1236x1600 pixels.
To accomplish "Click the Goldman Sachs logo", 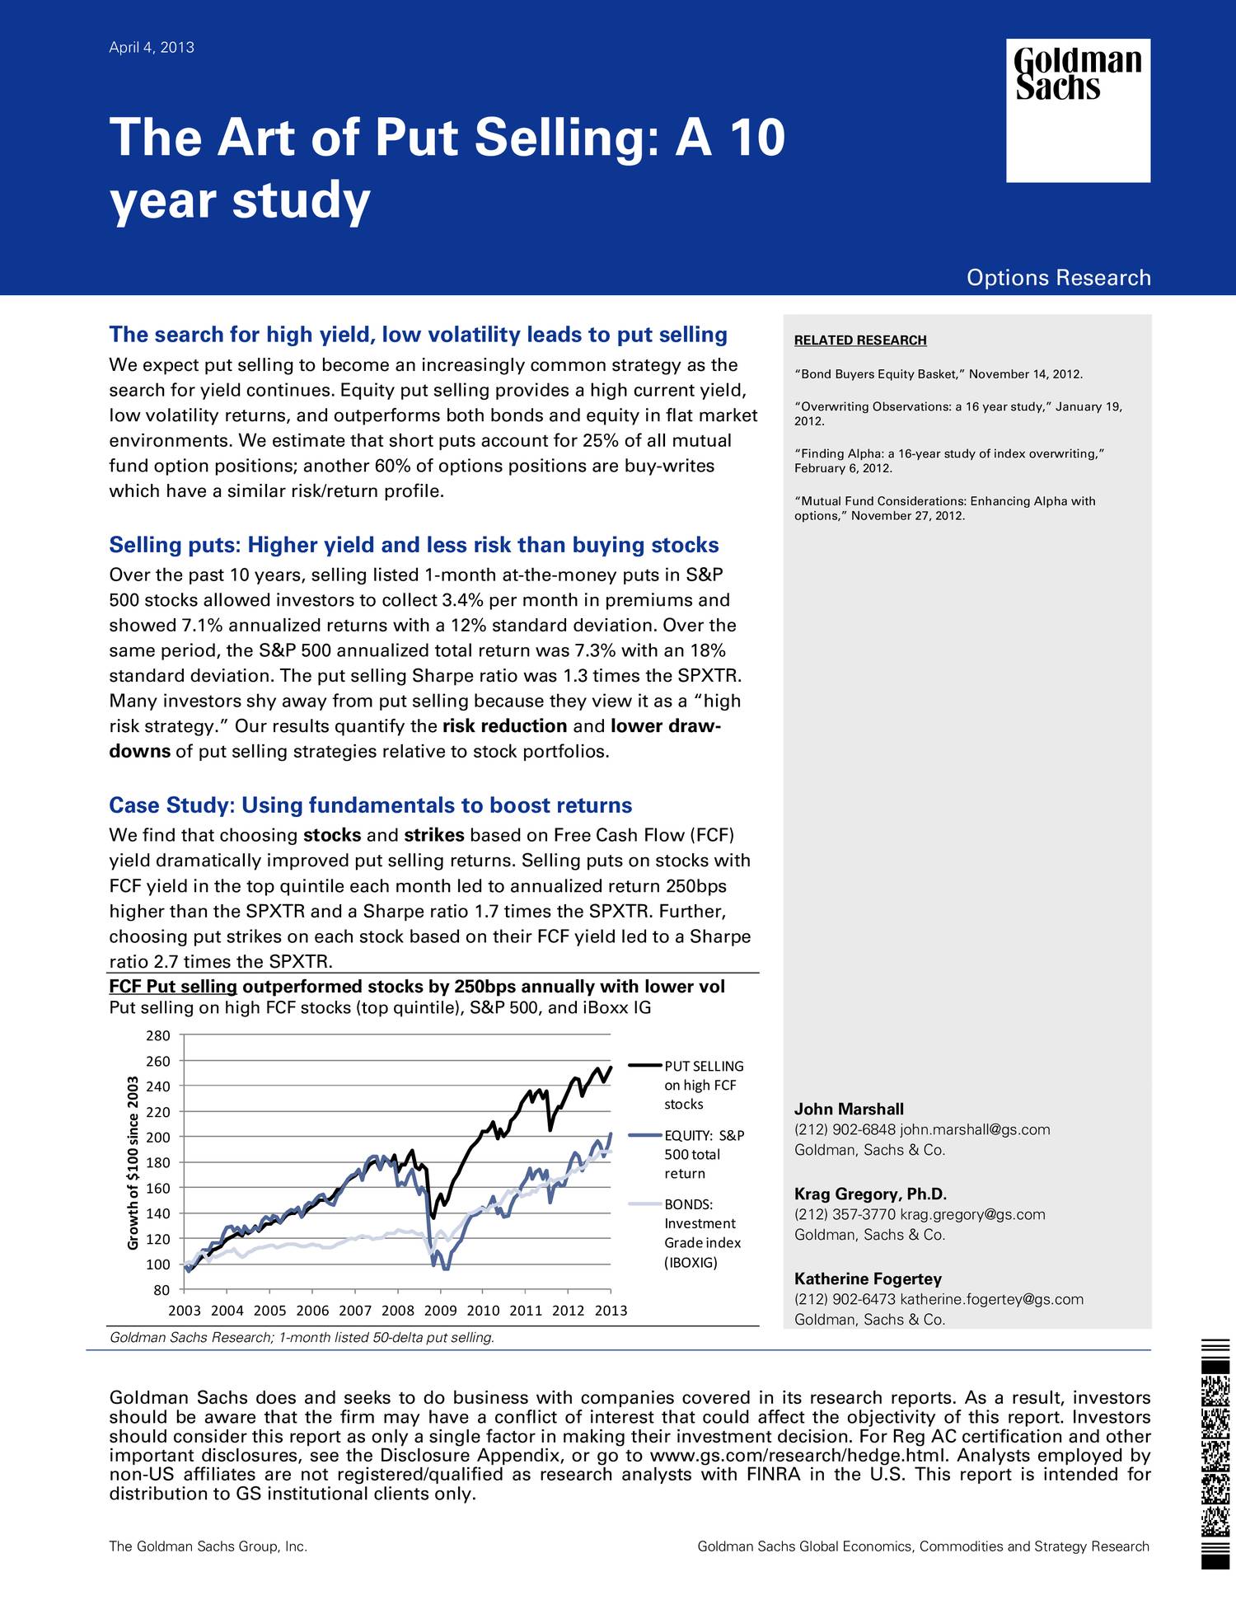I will coord(1078,110).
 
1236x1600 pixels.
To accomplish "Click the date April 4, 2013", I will coord(152,48).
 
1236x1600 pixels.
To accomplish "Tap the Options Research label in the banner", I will coord(1058,278).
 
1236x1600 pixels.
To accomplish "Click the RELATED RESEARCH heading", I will coord(859,340).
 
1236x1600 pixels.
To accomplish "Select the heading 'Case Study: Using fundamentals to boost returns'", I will coord(371,805).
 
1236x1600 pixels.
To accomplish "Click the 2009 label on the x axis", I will coord(440,1311).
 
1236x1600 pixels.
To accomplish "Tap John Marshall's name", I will coord(849,1110).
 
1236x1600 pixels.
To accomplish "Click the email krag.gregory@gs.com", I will coord(972,1214).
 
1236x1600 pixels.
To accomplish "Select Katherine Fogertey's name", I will coord(868,1279).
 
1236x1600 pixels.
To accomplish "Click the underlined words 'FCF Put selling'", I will coord(173,987).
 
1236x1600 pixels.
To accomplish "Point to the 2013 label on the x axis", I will coord(611,1311).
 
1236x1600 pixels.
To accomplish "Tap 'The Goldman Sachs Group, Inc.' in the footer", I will coord(208,1546).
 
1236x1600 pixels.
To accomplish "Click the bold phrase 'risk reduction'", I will coord(504,726).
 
